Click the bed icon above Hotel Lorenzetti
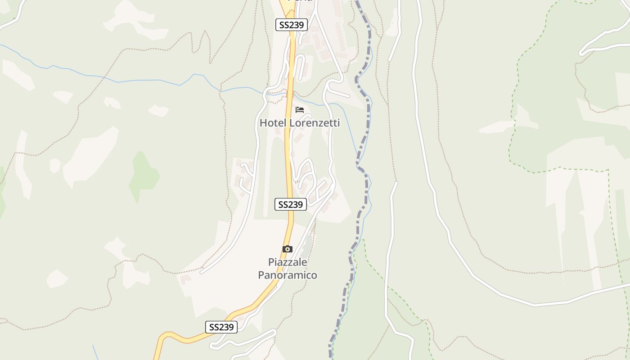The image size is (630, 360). click(x=300, y=109)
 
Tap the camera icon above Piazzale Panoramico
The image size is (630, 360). click(x=287, y=249)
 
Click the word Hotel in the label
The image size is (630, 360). click(x=273, y=123)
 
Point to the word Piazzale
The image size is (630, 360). click(x=288, y=262)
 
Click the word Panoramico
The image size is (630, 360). click(x=288, y=275)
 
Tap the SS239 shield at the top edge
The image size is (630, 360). click(x=291, y=25)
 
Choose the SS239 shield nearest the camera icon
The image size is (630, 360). click(x=290, y=204)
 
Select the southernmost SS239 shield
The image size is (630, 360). click(x=221, y=327)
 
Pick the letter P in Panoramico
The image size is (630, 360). click(x=261, y=275)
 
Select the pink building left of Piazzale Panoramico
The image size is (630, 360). click(x=185, y=279)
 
